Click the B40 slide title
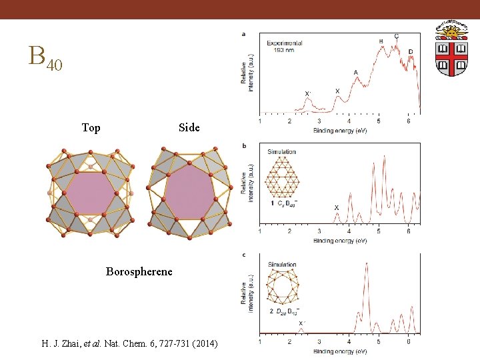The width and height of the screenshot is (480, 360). coord(45,58)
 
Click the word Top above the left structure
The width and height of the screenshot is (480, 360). coord(91,128)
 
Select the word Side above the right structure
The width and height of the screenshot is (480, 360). coord(189,128)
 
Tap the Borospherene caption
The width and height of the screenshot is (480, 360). coord(139,272)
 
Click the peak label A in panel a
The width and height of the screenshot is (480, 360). coord(355,73)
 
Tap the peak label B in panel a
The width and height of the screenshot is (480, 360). coord(381,42)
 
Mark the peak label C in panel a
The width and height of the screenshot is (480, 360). coord(397,37)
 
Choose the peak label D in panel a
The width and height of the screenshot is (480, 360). coord(410,52)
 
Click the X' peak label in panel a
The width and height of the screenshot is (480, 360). coord(307,94)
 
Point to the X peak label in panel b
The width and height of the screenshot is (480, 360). coord(337,208)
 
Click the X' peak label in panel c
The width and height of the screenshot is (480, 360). coord(301,323)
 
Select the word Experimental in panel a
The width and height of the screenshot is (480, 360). coord(286,43)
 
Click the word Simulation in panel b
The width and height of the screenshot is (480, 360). coord(281,152)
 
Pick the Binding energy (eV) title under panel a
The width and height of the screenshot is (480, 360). coord(340,130)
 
